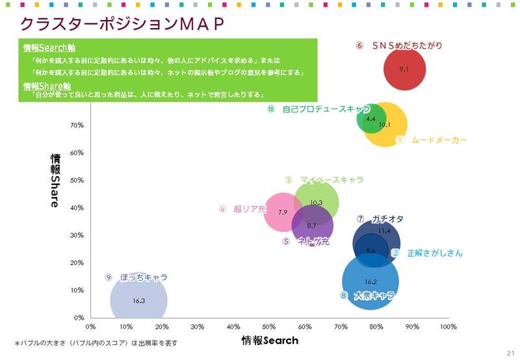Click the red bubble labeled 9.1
pos(404,69)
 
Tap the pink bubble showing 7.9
pos(283,212)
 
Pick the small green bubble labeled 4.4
pos(371,119)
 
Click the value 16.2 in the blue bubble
pos(370,282)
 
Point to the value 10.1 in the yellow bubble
pos(384,125)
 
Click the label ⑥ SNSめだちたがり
pos(399,45)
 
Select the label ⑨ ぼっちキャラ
pos(136,277)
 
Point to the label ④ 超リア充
pos(242,209)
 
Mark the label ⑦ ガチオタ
pos(380,219)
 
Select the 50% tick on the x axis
pos(269,327)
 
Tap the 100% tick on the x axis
pos(448,327)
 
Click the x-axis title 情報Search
pos(270,341)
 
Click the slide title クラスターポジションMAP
pos(122,23)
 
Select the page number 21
pos(510,352)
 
